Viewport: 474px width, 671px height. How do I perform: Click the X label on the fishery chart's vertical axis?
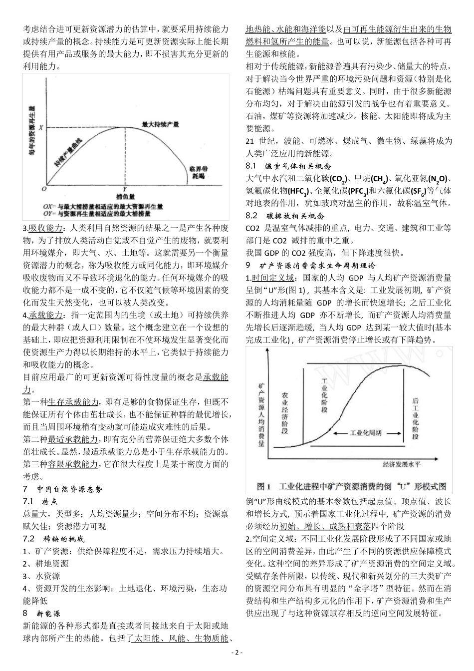click(41, 127)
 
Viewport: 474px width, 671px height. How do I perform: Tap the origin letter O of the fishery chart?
click(43, 190)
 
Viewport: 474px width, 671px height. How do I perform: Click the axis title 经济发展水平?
click(402, 465)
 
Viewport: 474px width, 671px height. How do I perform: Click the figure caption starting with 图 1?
click(351, 486)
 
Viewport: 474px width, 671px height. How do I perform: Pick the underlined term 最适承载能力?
click(73, 439)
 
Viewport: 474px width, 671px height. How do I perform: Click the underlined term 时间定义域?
click(273, 278)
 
